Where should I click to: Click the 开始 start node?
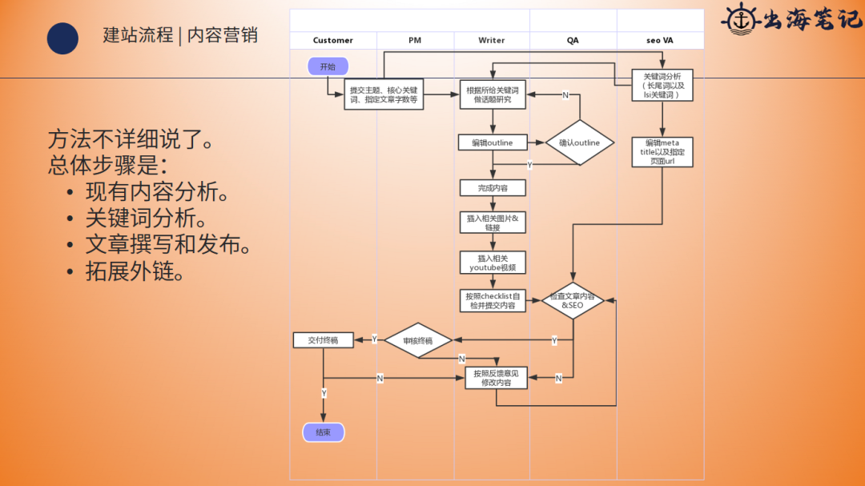point(328,66)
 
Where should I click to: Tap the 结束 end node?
point(323,432)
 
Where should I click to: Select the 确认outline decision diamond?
point(579,143)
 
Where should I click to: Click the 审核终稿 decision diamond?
point(417,340)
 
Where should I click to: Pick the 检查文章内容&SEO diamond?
point(573,301)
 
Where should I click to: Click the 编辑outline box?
point(493,143)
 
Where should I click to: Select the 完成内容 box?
point(493,188)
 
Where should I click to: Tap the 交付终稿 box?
point(323,340)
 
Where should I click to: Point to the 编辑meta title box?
point(662,152)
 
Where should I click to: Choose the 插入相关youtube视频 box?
point(493,263)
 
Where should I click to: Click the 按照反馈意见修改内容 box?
point(496,378)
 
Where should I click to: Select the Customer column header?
point(333,40)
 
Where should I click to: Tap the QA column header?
point(573,40)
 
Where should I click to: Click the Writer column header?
point(492,40)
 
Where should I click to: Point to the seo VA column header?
point(660,40)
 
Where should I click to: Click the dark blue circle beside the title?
point(62,38)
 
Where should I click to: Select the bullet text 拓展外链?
point(136,271)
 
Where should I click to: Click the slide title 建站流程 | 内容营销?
point(180,35)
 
